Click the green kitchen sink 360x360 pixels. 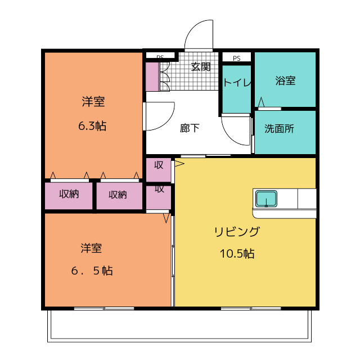pyautogui.click(x=266, y=199)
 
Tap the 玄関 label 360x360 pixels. pyautogui.click(x=201, y=67)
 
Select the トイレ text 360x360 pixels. pyautogui.click(x=237, y=83)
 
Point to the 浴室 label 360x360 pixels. pyautogui.click(x=285, y=80)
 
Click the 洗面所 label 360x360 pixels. pyautogui.click(x=279, y=128)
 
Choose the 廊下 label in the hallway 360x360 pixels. pyautogui.click(x=190, y=128)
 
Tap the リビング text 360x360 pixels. pyautogui.click(x=237, y=232)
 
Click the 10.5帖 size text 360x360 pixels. pyautogui.click(x=237, y=254)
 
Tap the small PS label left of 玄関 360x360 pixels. pyautogui.click(x=160, y=57)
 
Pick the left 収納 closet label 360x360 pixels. pyautogui.click(x=69, y=195)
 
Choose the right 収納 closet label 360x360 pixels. pyautogui.click(x=118, y=195)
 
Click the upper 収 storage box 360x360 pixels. pyautogui.click(x=159, y=165)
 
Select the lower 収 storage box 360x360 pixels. pyautogui.click(x=159, y=189)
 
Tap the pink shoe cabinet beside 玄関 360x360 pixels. pyautogui.click(x=152, y=77)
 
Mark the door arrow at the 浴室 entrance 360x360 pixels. pyautogui.click(x=261, y=102)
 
